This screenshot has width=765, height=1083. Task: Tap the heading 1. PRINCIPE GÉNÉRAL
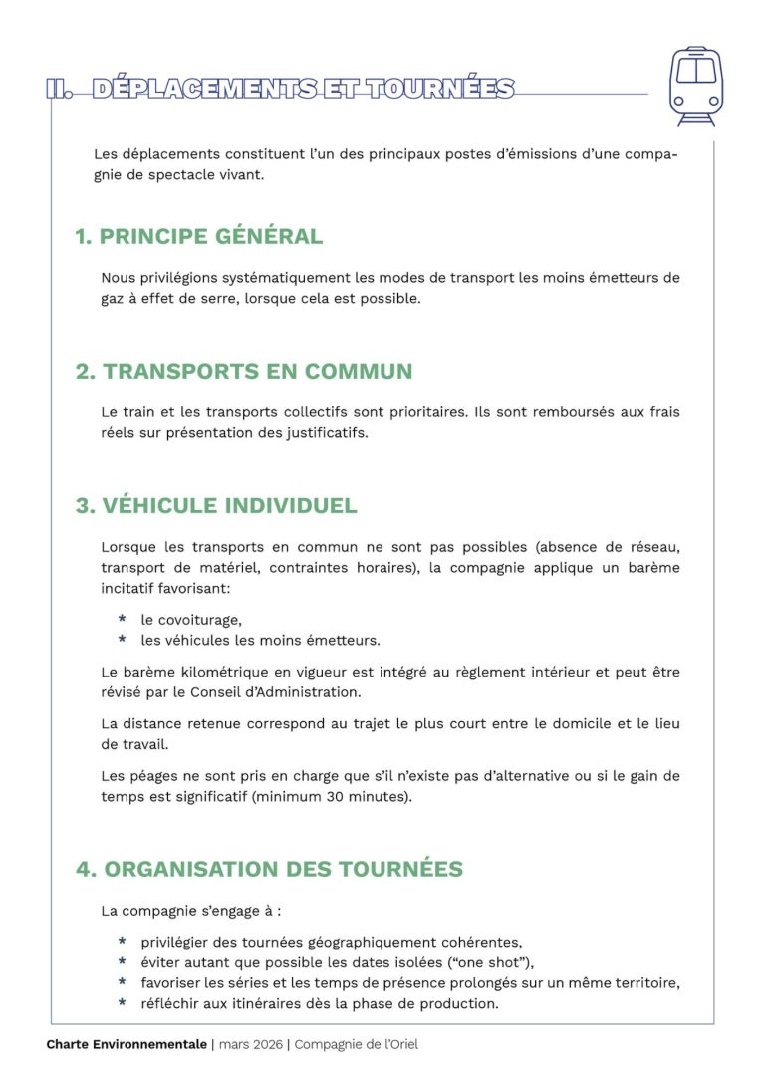199,237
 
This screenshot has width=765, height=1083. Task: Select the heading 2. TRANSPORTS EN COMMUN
244,372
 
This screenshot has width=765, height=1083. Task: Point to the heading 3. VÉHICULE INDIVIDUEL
216,506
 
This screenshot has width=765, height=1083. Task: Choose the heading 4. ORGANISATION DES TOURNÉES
270,869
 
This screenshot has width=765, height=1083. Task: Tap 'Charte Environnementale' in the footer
126,1045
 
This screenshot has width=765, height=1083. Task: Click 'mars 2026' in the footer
250,1045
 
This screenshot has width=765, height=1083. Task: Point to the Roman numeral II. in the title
60,89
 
